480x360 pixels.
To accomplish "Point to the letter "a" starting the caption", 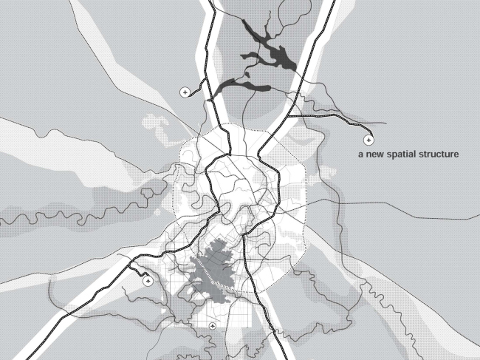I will coord(360,155).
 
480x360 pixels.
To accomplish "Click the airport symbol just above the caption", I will coord(368,139).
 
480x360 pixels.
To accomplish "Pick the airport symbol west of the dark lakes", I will coord(185,92).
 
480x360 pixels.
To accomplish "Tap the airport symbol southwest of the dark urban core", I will coord(147,280).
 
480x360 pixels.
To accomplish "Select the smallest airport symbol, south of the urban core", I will coord(213,325).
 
